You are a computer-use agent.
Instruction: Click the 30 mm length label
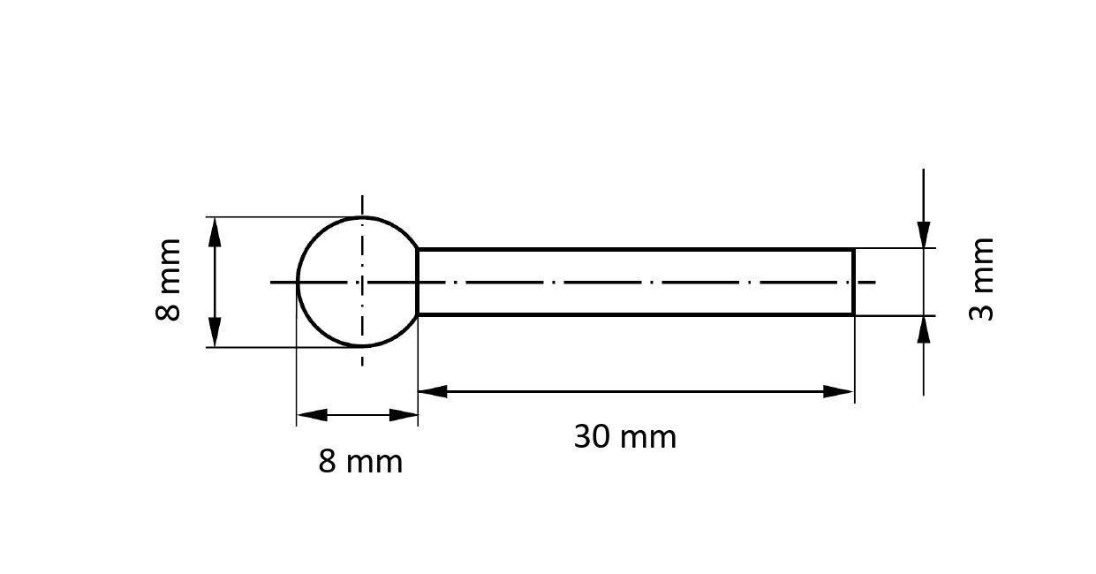(x=624, y=436)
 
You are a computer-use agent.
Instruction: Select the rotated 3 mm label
(x=982, y=279)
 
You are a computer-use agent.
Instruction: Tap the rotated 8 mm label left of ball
(x=168, y=279)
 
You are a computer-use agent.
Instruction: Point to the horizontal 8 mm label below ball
(x=360, y=461)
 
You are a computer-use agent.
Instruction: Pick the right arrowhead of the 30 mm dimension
(x=839, y=391)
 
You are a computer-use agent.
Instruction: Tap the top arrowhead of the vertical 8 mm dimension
(x=215, y=232)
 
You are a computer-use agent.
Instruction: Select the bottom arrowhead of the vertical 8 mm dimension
(x=215, y=333)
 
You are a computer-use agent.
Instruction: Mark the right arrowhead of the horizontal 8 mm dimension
(x=403, y=414)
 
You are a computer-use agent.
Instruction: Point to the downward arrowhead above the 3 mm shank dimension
(x=924, y=234)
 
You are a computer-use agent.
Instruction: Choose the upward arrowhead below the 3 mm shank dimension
(x=924, y=329)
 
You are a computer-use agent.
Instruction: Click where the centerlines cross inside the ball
(x=362, y=283)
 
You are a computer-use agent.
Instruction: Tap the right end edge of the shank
(x=853, y=283)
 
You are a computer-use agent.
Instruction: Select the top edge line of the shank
(x=636, y=250)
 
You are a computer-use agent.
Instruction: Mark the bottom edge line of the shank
(x=636, y=314)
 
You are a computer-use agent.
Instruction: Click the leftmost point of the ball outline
(x=299, y=283)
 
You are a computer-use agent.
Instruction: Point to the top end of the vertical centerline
(x=362, y=198)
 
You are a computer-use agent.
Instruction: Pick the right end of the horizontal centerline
(x=874, y=283)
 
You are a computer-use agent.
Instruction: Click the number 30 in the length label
(x=592, y=436)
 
